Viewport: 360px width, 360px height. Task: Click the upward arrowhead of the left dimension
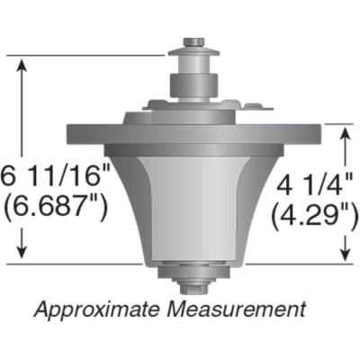click(21, 65)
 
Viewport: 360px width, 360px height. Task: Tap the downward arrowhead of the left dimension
click(21, 256)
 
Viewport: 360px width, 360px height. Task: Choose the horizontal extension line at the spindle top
click(90, 56)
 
